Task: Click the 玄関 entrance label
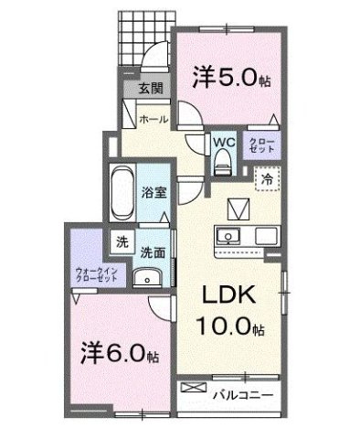coord(151,89)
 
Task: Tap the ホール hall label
coord(152,118)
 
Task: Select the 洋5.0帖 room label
coord(229,79)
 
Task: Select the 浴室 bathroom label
coord(153,193)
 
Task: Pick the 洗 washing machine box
coord(121,242)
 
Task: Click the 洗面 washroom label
coord(152,250)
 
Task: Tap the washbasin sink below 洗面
coord(143,280)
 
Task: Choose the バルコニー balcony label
coord(240,394)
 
